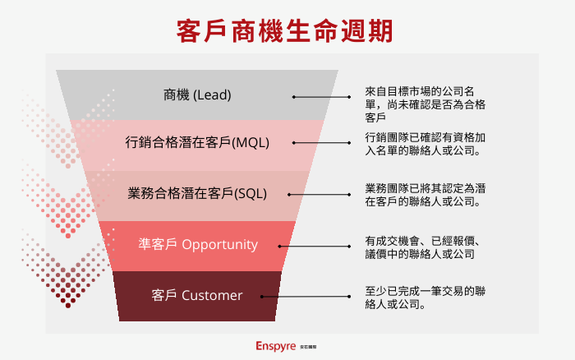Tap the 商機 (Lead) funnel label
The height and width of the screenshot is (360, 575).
click(197, 95)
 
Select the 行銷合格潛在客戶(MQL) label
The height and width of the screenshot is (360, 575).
click(197, 142)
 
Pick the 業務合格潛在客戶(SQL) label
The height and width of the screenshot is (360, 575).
click(197, 194)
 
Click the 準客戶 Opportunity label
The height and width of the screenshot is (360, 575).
click(197, 244)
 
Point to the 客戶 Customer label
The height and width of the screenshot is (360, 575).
click(197, 295)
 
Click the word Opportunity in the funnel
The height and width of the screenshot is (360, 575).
click(219, 244)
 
